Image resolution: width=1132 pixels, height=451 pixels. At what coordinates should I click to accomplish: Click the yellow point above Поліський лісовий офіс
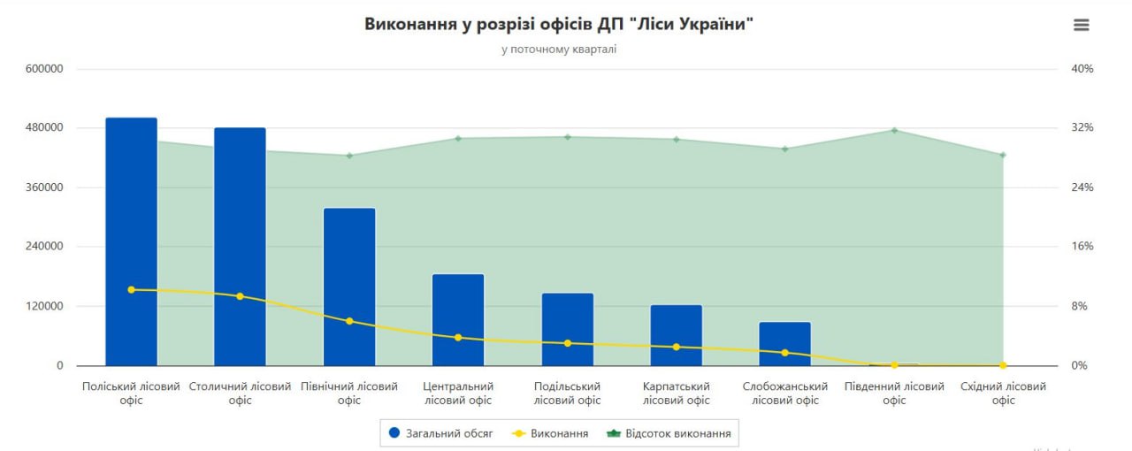[131, 289]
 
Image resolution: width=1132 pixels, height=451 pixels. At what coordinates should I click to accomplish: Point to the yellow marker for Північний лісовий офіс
[349, 321]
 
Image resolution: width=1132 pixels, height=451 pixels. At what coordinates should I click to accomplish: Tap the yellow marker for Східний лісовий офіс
[1003, 365]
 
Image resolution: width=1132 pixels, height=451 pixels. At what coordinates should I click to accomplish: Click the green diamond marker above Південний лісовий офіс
[894, 131]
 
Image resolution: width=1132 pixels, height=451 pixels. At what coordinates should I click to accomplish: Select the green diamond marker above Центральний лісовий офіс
[458, 138]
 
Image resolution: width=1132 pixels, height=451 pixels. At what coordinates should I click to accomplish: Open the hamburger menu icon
[1081, 25]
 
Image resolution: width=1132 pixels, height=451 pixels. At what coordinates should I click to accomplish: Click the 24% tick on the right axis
[1082, 187]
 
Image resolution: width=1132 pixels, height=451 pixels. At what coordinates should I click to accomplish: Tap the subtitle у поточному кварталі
[558, 50]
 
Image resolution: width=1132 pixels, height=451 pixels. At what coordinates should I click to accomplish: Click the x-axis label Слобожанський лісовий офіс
[785, 394]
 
